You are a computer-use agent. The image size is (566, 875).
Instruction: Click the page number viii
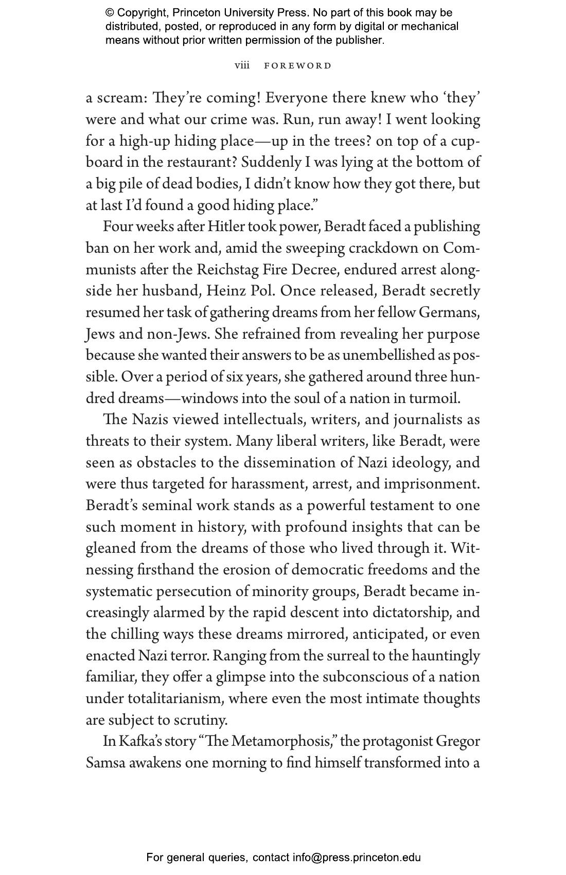click(242, 65)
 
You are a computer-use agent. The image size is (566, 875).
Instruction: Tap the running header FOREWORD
click(298, 66)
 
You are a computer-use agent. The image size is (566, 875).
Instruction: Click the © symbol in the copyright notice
click(110, 13)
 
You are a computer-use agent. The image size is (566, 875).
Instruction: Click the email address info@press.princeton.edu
click(357, 857)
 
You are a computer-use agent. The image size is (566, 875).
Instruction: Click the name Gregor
click(458, 741)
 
